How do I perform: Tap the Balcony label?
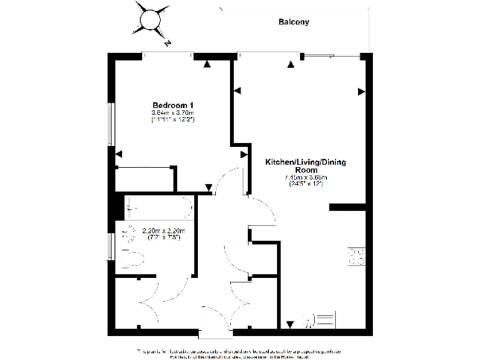point(294,22)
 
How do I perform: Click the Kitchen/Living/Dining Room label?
point(306,166)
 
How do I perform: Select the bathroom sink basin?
point(129,234)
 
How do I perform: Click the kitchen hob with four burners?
point(356,256)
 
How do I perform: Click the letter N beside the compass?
point(167,44)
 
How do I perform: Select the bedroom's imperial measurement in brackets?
point(173,119)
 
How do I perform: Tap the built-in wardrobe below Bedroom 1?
point(144,178)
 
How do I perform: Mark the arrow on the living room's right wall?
point(361,92)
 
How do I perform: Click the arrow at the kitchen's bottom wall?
point(289,324)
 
